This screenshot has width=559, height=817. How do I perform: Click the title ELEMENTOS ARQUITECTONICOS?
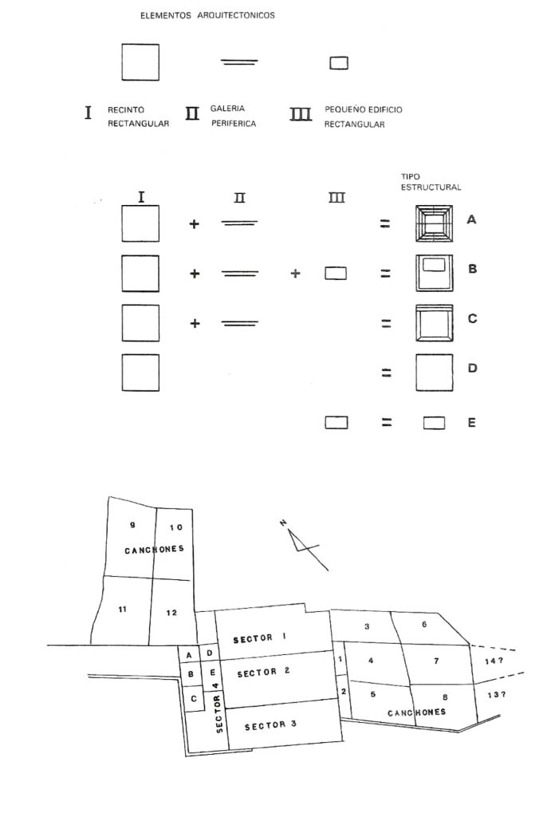(207, 16)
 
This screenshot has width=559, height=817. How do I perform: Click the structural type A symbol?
(435, 223)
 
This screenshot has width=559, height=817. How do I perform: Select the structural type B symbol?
(435, 272)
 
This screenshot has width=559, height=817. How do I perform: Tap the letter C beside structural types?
(472, 318)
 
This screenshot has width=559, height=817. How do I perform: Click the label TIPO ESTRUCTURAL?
(431, 182)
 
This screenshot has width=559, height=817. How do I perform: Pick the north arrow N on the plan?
(282, 523)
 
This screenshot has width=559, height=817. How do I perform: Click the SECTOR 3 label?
(270, 725)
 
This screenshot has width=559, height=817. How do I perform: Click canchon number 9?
(132, 524)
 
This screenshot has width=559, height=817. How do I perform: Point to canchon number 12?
(171, 612)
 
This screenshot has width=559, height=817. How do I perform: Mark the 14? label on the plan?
(494, 661)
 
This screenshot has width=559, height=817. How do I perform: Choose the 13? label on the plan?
(497, 694)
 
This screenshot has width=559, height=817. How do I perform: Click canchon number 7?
(436, 661)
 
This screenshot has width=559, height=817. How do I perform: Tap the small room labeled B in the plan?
(191, 675)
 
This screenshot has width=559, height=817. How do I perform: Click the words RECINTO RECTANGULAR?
(138, 116)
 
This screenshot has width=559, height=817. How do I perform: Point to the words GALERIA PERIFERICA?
(232, 116)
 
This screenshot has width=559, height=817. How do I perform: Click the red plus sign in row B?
(296, 273)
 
